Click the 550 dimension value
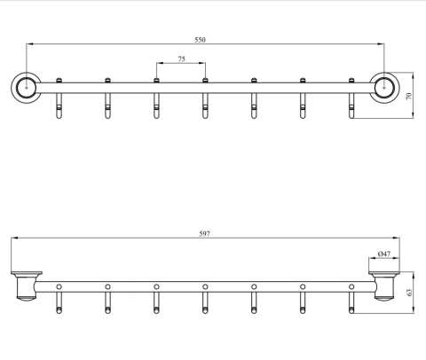tap(200, 40)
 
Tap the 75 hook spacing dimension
tap(181, 59)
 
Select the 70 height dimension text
tap(409, 96)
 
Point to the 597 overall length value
tap(204, 234)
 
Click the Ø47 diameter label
tap(384, 254)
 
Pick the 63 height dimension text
tap(409, 293)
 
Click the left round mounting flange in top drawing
tap(27, 88)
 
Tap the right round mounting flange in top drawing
tap(384, 88)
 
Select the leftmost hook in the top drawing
tap(59, 98)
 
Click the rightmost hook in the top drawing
tap(351, 98)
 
